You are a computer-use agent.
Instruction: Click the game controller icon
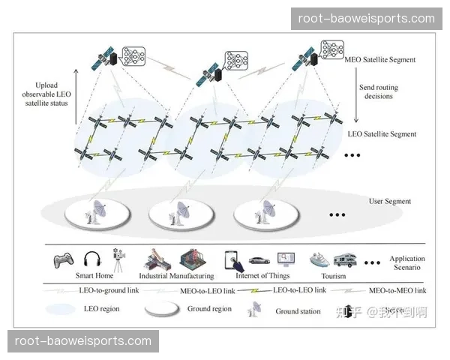point(63,260)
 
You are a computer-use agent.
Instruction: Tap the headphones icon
point(91,260)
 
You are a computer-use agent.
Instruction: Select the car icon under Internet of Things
point(259,261)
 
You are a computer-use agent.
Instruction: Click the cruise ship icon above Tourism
point(319,260)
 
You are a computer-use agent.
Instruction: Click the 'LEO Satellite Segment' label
point(383,134)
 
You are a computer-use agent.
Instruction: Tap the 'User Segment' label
point(390,201)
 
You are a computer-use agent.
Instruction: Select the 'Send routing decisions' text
point(378,92)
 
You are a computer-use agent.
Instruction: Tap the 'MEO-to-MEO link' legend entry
point(398,289)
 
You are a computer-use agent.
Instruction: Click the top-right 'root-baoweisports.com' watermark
point(366,18)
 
